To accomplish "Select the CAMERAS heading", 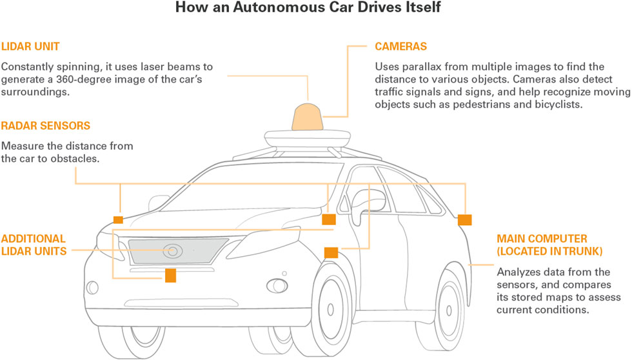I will pyautogui.click(x=400, y=47).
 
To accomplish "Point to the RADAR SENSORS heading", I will pyautogui.click(x=45, y=126).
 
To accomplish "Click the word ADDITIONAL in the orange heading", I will pyautogui.click(x=33, y=238).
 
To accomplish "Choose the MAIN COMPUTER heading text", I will pyautogui.click(x=533, y=238).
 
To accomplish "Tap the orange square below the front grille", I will pyautogui.click(x=170, y=275).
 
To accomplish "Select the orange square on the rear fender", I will pyautogui.click(x=465, y=220).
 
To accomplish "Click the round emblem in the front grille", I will pyautogui.click(x=172, y=250).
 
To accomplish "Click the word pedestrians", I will pyautogui.click(x=479, y=105).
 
